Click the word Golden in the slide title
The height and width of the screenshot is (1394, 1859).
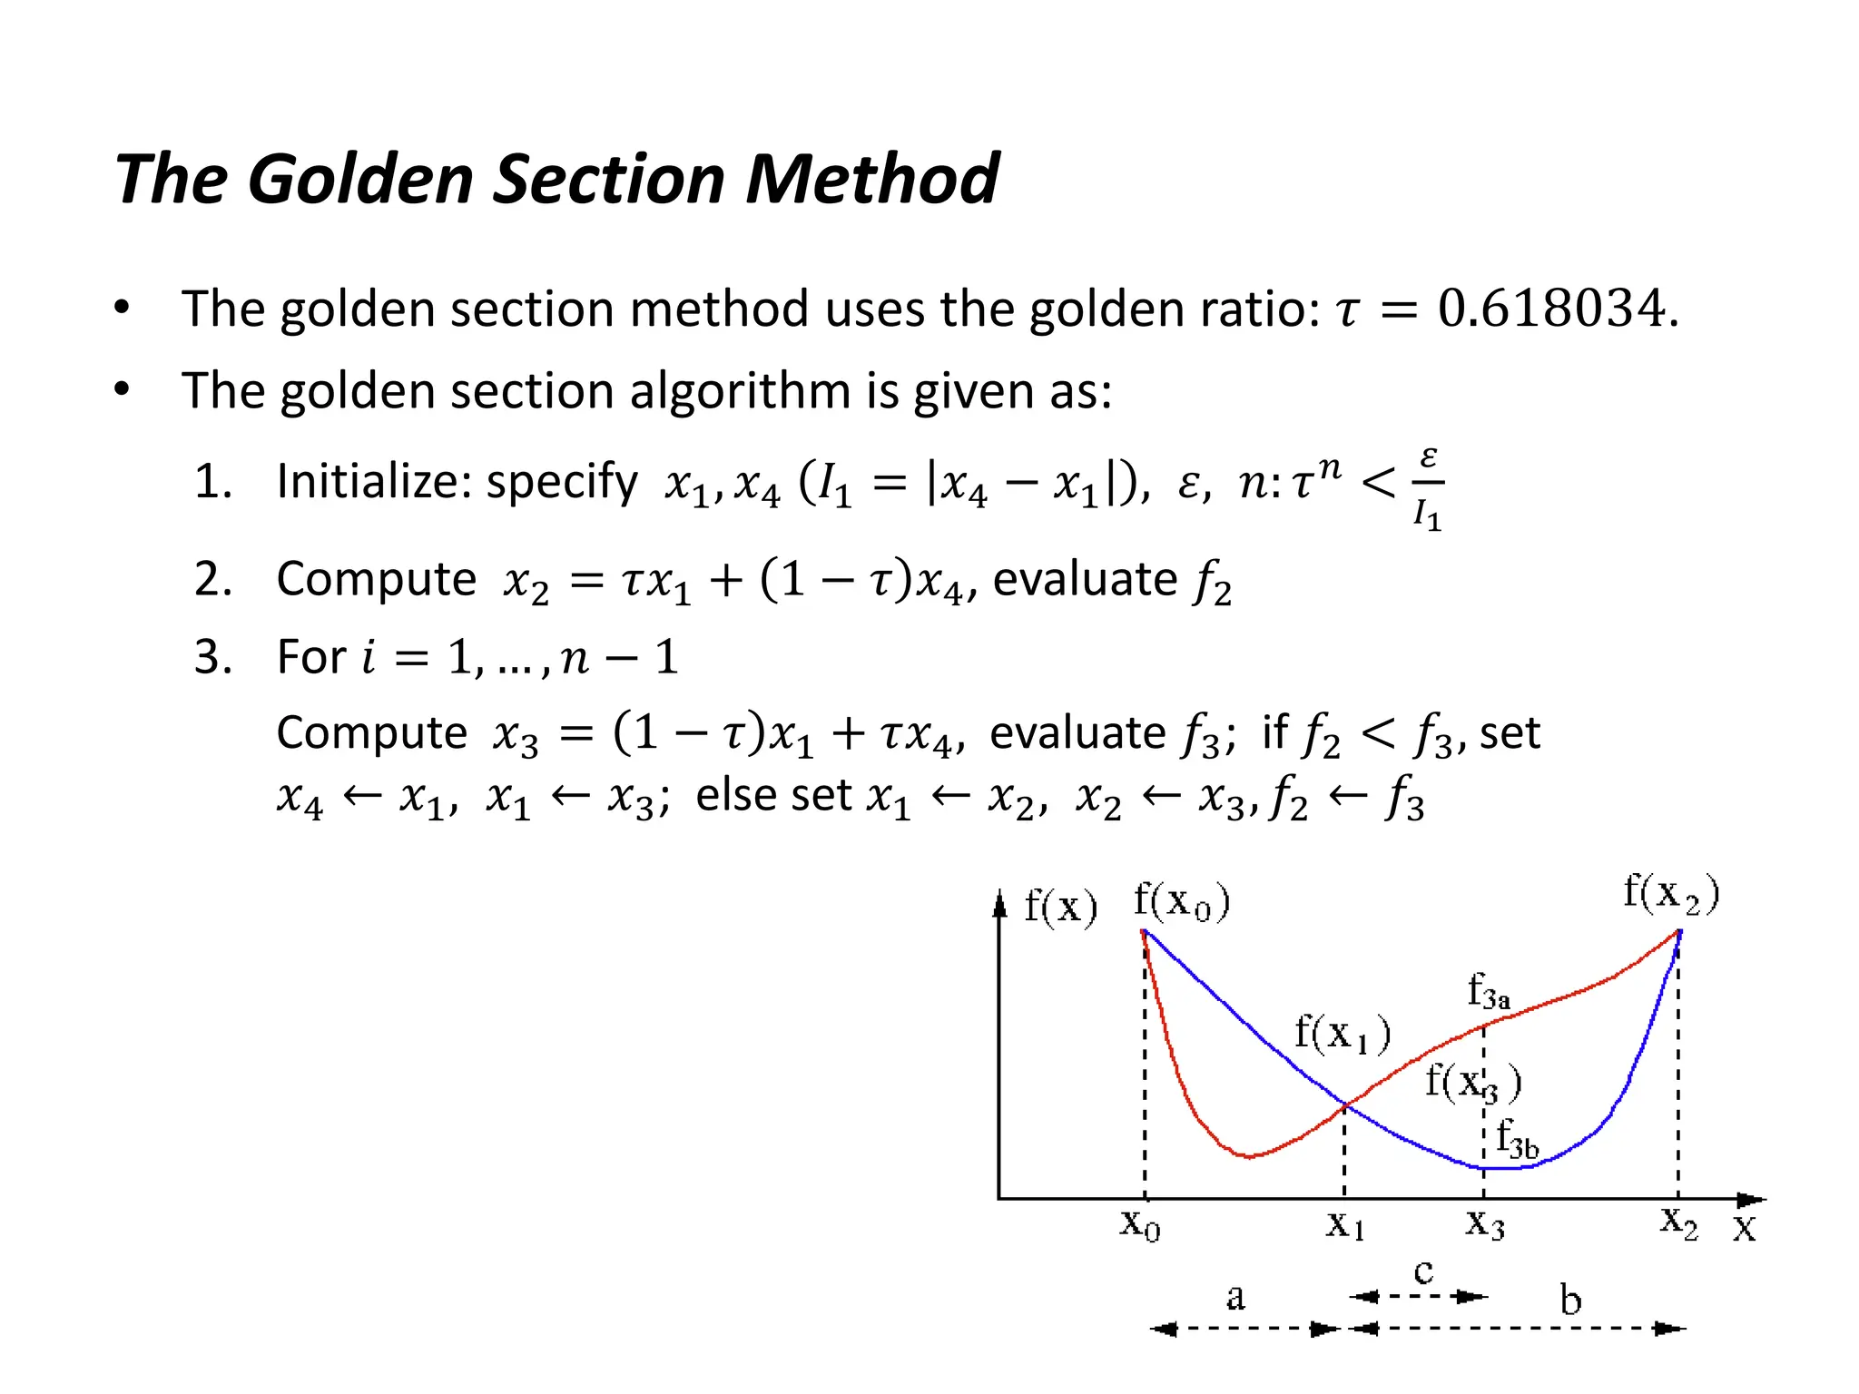pyautogui.click(x=360, y=179)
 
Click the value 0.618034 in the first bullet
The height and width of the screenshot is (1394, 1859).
pyautogui.click(x=1553, y=309)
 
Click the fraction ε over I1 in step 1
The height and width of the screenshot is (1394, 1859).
pyautogui.click(x=1428, y=488)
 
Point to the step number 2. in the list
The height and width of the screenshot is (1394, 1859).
pyautogui.click(x=213, y=579)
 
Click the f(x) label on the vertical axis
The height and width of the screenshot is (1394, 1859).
pyautogui.click(x=1060, y=906)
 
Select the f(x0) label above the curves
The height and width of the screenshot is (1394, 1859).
pyautogui.click(x=1182, y=901)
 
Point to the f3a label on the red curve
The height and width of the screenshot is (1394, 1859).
pyautogui.click(x=1489, y=991)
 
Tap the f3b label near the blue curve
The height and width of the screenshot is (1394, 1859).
pyautogui.click(x=1517, y=1138)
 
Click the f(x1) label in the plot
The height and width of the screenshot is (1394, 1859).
pyautogui.click(x=1343, y=1034)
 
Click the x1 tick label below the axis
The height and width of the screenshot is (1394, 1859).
pyautogui.click(x=1345, y=1225)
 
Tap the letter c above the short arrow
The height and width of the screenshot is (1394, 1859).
pyautogui.click(x=1424, y=1271)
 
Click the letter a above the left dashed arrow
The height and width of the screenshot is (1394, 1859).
pyautogui.click(x=1235, y=1298)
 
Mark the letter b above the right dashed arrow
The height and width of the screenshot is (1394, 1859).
pyautogui.click(x=1570, y=1300)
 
